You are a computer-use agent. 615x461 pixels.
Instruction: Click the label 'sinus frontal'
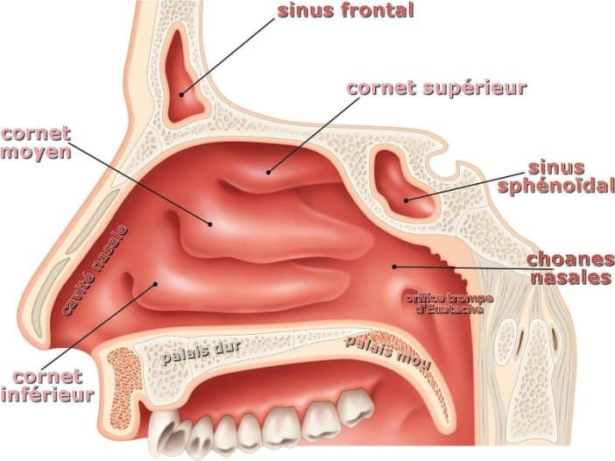tap(345, 11)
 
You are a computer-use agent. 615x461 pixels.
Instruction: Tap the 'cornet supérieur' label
tap(436, 88)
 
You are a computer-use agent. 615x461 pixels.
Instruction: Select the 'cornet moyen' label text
tap(36, 143)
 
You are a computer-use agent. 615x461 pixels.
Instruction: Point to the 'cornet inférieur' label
tap(47, 386)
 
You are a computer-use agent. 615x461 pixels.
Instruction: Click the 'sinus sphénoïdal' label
tap(556, 177)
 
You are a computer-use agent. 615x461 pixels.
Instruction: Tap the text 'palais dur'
tap(201, 353)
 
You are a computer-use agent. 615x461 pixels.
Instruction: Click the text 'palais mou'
tap(387, 351)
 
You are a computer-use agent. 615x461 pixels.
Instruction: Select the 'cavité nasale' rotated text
tap(95, 270)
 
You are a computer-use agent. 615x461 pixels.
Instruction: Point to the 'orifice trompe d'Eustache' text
tap(449, 303)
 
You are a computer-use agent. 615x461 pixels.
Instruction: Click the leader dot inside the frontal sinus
tap(181, 95)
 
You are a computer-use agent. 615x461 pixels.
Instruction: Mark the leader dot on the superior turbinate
tap(269, 172)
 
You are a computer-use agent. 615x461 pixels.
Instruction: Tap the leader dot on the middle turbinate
tap(210, 224)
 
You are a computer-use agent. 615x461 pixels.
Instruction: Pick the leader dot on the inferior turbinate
tap(156, 283)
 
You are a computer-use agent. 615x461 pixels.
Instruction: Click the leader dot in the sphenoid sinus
tap(406, 201)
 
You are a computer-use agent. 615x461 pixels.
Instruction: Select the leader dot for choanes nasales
tap(394, 266)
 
